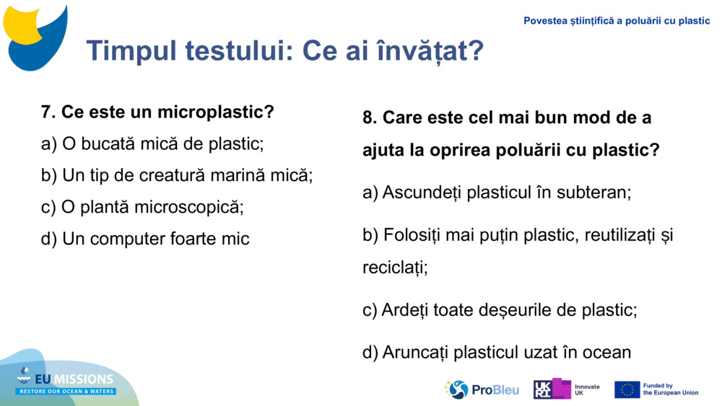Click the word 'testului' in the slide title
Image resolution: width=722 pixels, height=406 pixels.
pyautogui.click(x=239, y=51)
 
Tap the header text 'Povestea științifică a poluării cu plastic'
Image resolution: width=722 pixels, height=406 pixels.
pyautogui.click(x=617, y=21)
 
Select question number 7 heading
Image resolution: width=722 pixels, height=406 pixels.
pyautogui.click(x=157, y=112)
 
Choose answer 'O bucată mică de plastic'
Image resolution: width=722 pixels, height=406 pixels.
pyautogui.click(x=152, y=144)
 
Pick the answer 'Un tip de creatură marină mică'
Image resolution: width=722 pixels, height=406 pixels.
pyautogui.click(x=177, y=175)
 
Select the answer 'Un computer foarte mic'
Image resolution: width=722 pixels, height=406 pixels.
pyautogui.click(x=145, y=239)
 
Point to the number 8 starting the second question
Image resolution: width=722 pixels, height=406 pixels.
pyautogui.click(x=368, y=118)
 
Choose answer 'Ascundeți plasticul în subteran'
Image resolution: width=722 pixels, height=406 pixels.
pyautogui.click(x=497, y=193)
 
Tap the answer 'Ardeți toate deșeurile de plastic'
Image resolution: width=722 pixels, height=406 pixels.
pyautogui.click(x=500, y=310)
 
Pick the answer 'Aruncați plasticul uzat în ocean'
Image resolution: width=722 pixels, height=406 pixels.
pyautogui.click(x=497, y=352)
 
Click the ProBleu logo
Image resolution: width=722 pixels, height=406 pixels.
pyautogui.click(x=482, y=389)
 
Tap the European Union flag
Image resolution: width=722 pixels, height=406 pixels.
pyautogui.click(x=627, y=389)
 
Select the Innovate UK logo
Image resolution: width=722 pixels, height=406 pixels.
pyautogui.click(x=566, y=389)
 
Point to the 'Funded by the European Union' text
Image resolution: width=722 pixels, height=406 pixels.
pyautogui.click(x=671, y=389)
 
